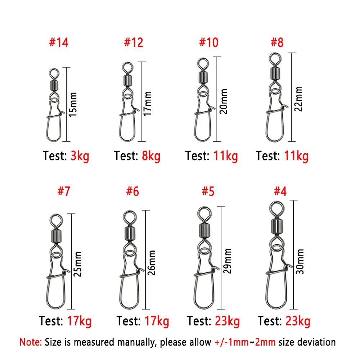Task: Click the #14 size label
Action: (x=58, y=43)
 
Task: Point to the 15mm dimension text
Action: (x=73, y=104)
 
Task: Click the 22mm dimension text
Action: (x=298, y=99)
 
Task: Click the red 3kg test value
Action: (x=80, y=156)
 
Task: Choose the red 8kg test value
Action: (x=151, y=156)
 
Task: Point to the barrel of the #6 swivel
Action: (x=130, y=233)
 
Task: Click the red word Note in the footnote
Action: (x=30, y=342)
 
